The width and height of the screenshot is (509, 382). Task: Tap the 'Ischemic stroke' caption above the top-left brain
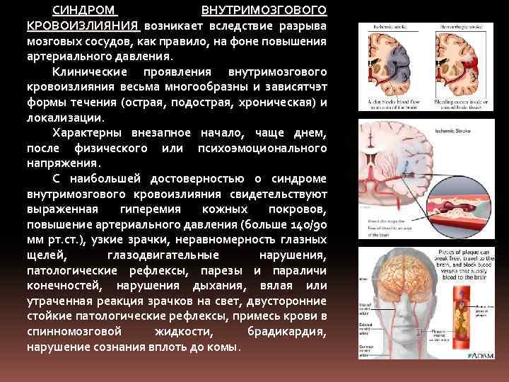pyautogui.click(x=382, y=27)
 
